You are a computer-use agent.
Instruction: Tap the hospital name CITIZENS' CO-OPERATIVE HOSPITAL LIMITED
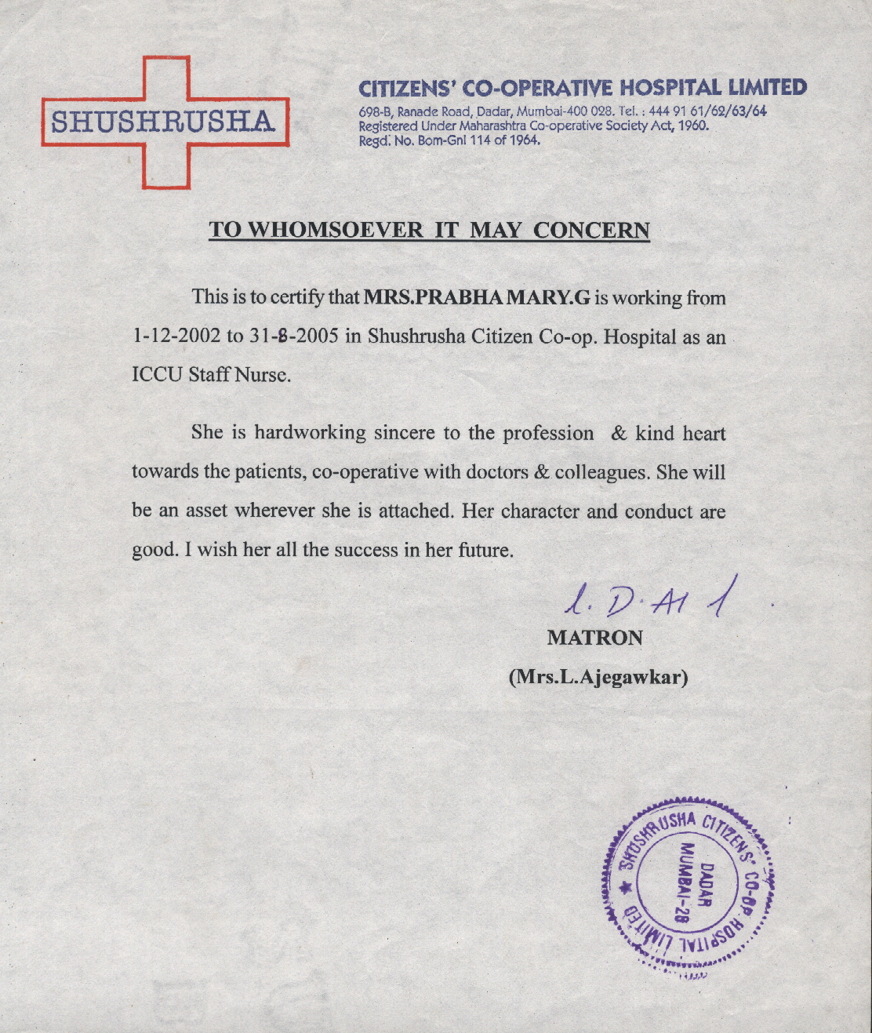point(582,87)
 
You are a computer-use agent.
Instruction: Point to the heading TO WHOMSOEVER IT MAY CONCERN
point(429,230)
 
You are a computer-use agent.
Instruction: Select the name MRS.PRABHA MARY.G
point(477,298)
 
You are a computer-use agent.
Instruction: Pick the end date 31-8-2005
point(294,337)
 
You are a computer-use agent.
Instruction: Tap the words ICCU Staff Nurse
point(211,375)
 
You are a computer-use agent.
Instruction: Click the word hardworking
point(310,433)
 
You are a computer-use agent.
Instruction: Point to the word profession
point(548,434)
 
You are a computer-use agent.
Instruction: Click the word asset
point(208,511)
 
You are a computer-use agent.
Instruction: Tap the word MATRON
point(594,638)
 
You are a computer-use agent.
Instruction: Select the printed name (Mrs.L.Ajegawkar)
point(598,676)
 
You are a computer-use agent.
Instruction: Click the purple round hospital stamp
point(689,886)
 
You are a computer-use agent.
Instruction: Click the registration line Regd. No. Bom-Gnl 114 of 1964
point(449,141)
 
